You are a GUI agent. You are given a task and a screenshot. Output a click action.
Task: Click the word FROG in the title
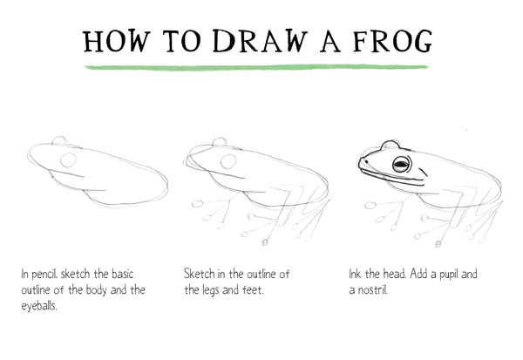pyautogui.click(x=392, y=41)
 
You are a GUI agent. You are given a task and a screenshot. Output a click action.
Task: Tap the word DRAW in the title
pyautogui.click(x=260, y=41)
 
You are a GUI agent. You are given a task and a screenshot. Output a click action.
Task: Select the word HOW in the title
pyautogui.click(x=116, y=41)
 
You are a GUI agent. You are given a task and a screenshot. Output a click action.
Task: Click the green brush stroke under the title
pyautogui.click(x=256, y=67)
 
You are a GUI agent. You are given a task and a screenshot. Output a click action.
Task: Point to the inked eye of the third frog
pyautogui.click(x=402, y=164)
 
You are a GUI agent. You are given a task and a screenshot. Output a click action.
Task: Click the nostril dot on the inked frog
pyautogui.click(x=367, y=162)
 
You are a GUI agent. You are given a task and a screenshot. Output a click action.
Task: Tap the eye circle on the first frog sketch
pyautogui.click(x=68, y=160)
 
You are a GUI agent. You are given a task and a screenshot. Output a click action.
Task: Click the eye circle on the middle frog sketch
pyautogui.click(x=228, y=161)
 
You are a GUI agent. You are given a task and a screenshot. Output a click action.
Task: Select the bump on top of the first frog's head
pyautogui.click(x=59, y=140)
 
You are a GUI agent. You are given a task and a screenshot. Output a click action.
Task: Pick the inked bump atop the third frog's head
pyautogui.click(x=390, y=144)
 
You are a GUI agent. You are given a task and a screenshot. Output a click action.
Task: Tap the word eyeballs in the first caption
pyautogui.click(x=39, y=306)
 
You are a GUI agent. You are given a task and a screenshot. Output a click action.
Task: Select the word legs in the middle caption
pyautogui.click(x=211, y=290)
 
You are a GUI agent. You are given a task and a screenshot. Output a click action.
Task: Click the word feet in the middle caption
pyautogui.click(x=253, y=289)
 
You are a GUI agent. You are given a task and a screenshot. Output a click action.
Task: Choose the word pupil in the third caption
pyautogui.click(x=449, y=275)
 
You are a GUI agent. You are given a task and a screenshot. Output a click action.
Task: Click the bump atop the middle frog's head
pyautogui.click(x=220, y=141)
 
